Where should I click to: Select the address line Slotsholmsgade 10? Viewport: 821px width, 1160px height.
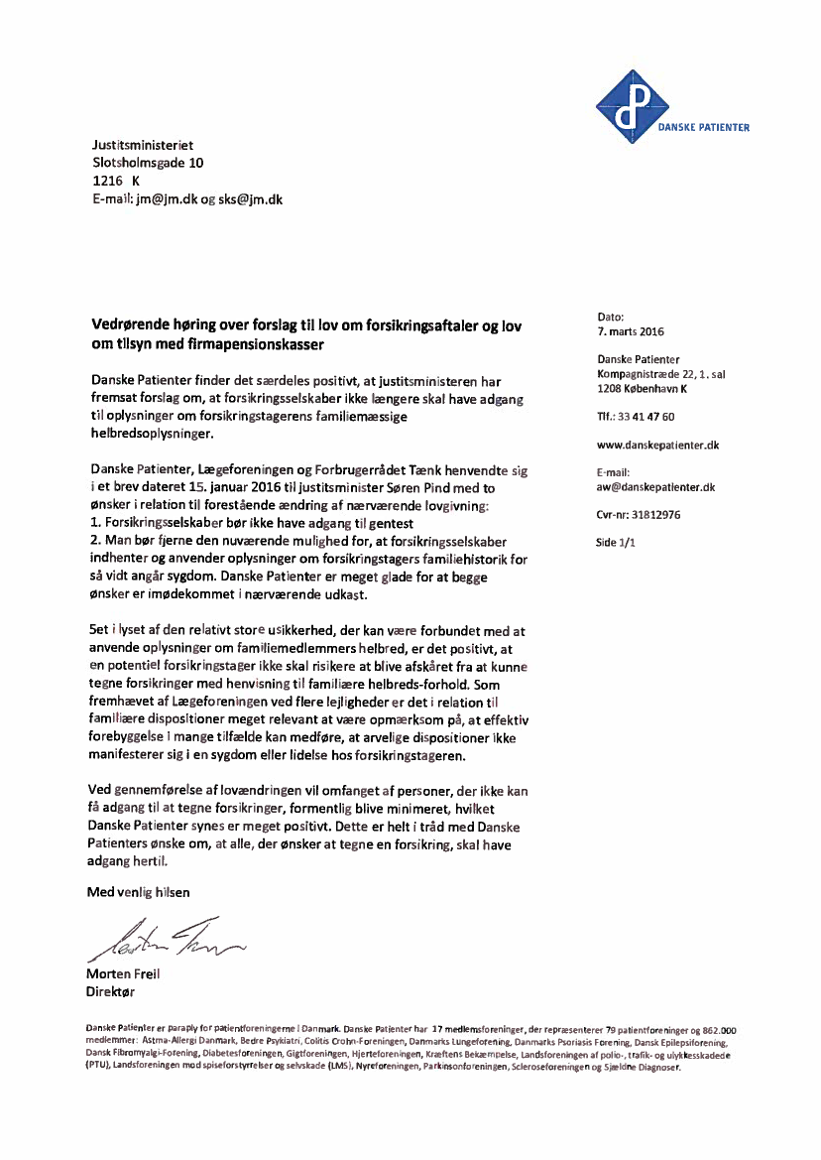[148, 163]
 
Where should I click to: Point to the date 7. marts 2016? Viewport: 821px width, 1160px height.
[631, 330]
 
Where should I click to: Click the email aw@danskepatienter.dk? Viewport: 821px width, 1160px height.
[655, 487]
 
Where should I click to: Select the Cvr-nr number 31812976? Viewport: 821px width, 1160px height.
[653, 515]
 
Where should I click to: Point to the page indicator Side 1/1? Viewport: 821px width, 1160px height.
[615, 543]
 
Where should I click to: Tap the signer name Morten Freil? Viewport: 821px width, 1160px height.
[123, 973]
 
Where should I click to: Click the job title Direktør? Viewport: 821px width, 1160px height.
[111, 990]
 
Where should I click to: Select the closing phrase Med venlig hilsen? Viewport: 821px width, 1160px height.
[138, 892]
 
